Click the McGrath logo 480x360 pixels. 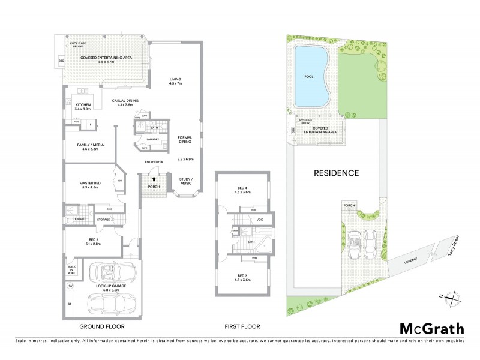(431, 328)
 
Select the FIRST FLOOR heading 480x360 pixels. (243, 327)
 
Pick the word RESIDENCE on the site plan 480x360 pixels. (336, 173)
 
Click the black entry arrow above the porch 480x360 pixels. (154, 178)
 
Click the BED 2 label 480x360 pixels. (92, 241)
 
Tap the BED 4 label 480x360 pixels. (243, 189)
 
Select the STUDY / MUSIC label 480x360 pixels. (185, 181)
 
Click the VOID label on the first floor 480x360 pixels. (260, 220)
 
